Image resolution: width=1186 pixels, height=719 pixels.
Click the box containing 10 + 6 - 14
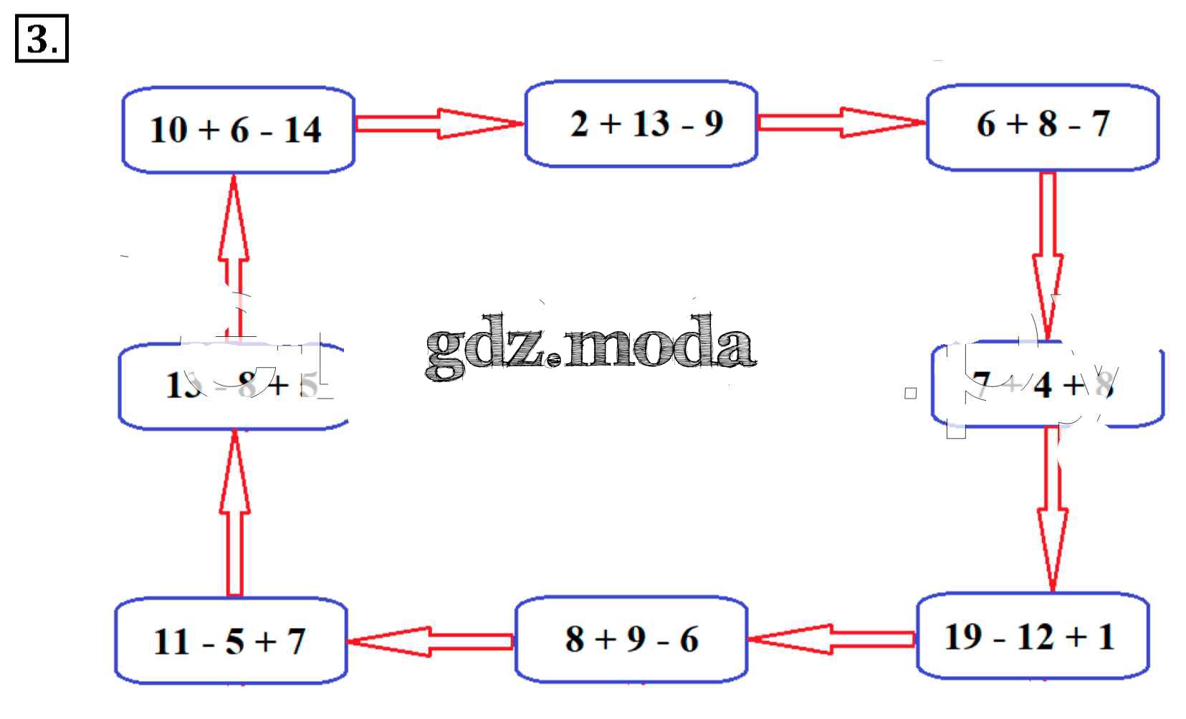pyautogui.click(x=238, y=130)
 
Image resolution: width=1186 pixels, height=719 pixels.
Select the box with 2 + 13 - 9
pyautogui.click(x=641, y=124)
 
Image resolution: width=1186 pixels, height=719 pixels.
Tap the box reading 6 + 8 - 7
pyautogui.click(x=1043, y=128)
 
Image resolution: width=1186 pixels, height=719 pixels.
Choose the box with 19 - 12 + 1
pyautogui.click(x=1033, y=636)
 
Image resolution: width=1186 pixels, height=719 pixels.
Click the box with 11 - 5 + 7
pyautogui.click(x=231, y=641)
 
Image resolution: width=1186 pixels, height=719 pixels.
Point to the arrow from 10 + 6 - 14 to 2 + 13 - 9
pyautogui.click(x=439, y=123)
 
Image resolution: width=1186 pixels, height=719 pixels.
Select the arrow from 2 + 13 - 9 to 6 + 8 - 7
pyautogui.click(x=841, y=123)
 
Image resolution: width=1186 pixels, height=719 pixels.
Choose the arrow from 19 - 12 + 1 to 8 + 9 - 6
pyautogui.click(x=832, y=639)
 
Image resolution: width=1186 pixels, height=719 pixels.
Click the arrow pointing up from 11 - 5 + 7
pyautogui.click(x=234, y=513)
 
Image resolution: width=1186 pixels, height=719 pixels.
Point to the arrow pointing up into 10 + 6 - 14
pyautogui.click(x=234, y=254)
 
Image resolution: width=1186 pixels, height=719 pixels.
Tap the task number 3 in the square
pyautogui.click(x=41, y=40)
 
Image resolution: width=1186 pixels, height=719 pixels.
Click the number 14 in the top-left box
pyautogui.click(x=302, y=130)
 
